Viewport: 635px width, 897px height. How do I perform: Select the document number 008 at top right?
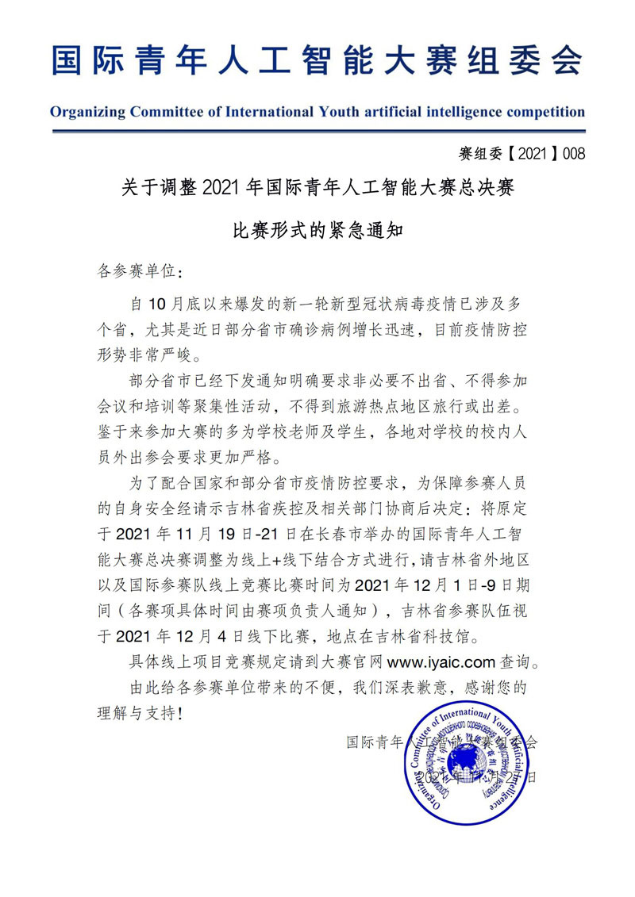click(x=573, y=154)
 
